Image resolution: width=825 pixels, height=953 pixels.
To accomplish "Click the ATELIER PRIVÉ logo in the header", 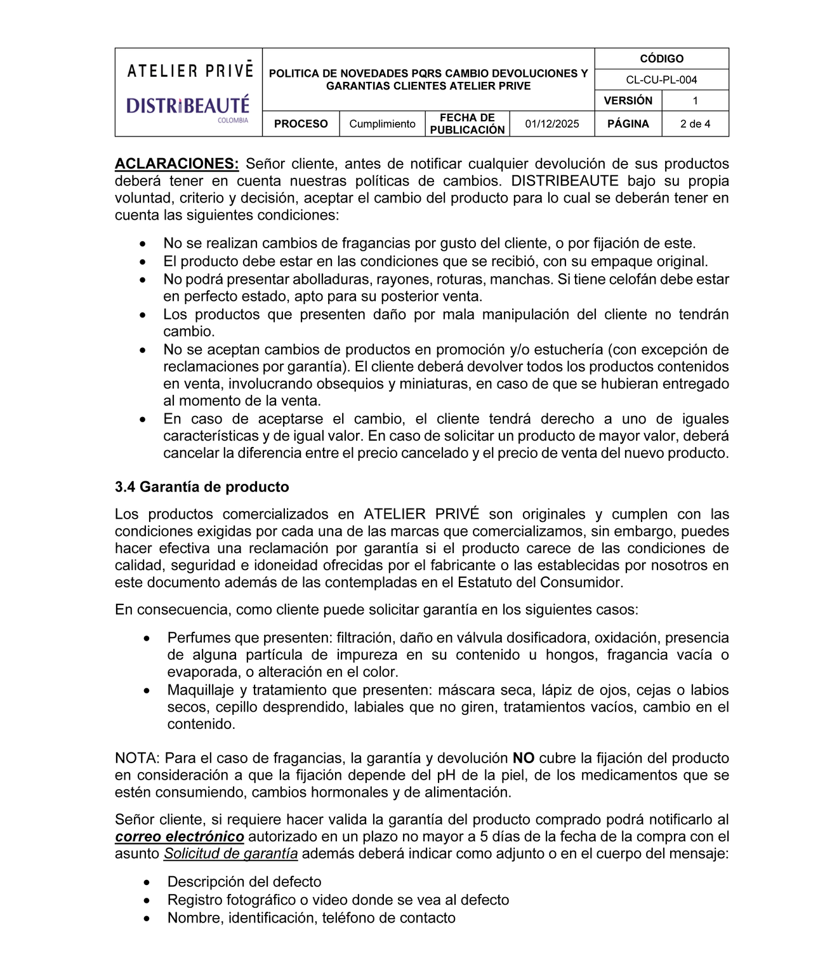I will [190, 70].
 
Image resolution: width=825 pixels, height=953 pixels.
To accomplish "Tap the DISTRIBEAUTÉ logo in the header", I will [188, 105].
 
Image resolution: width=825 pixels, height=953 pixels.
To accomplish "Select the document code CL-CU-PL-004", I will [661, 79].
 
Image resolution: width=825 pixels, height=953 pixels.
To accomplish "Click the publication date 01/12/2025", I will [551, 124].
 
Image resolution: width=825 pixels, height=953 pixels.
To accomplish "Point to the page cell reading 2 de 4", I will [695, 124].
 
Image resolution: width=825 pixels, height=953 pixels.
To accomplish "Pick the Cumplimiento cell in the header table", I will [382, 124].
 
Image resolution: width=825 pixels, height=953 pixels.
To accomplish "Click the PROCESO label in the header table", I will [301, 124].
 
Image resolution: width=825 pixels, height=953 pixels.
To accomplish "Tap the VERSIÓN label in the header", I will [628, 100].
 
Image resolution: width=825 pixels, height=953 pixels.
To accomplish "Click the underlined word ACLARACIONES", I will [176, 164].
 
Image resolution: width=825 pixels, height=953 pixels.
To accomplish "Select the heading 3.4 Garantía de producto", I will [202, 487].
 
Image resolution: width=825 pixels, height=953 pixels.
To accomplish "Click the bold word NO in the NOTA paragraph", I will [524, 758].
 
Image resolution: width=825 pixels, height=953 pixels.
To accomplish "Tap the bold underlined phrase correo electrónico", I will [180, 837].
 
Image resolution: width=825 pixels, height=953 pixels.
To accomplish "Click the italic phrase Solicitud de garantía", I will [230, 854].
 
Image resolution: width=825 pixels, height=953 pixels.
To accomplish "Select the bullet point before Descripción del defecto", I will [147, 883].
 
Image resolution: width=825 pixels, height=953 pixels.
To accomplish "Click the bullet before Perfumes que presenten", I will [147, 638].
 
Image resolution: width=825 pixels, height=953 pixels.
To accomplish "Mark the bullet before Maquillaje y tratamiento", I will [147, 691].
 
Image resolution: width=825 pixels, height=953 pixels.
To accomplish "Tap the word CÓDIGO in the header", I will [661, 58].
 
